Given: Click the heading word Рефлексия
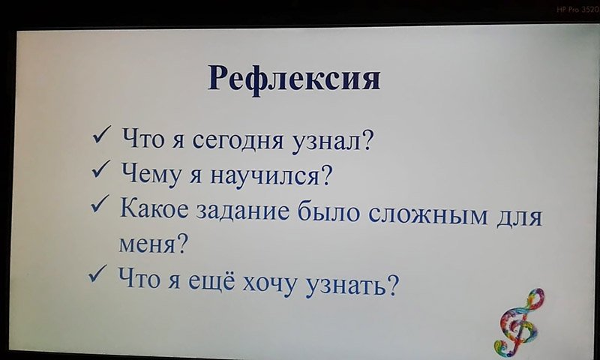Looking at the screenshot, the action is tap(294, 79).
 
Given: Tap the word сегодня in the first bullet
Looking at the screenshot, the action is tap(238, 141).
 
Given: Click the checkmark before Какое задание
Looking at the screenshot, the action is tap(100, 204).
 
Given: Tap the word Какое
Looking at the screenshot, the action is tap(154, 209).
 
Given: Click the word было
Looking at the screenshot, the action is tap(328, 211).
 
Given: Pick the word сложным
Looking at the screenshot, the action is tap(428, 215).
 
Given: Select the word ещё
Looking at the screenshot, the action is tap(211, 280).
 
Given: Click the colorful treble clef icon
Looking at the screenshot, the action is tap(519, 320).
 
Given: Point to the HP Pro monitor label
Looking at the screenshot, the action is tap(577, 10).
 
